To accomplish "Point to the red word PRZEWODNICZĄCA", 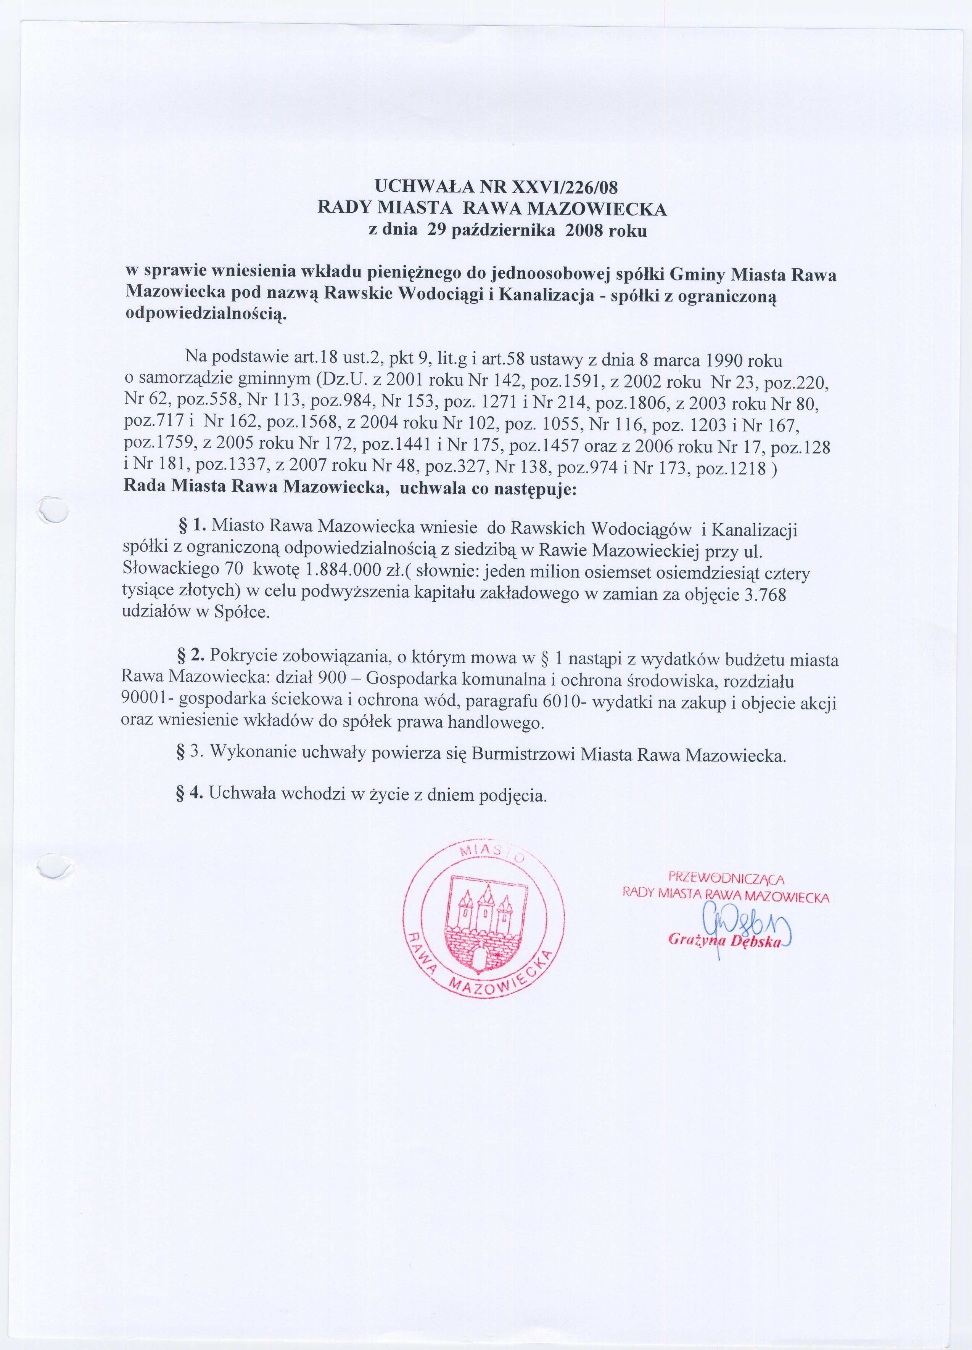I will [x=726, y=877].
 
